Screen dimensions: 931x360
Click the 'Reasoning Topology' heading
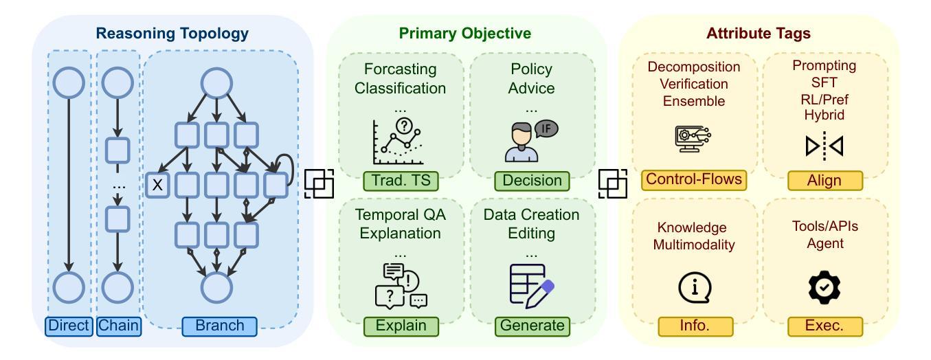point(172,32)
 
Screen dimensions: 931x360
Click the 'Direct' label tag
point(69,325)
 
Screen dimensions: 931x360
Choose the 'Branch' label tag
point(219,325)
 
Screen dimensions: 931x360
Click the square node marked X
point(157,184)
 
